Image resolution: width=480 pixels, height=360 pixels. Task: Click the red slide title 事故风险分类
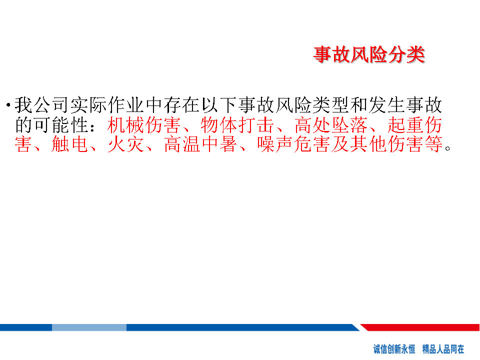369,55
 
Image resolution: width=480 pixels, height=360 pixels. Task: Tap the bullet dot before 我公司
8,105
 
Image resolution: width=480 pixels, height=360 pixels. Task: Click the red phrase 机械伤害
143,125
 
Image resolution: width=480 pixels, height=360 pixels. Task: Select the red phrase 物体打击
237,125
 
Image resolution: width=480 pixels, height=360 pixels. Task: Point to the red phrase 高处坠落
331,125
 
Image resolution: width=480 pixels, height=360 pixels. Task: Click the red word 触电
70,144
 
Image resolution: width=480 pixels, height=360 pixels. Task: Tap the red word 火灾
126,144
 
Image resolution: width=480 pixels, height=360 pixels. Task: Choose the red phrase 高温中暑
200,144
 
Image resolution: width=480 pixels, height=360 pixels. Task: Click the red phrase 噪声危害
293,144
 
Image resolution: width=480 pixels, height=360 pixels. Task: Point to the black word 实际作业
107,105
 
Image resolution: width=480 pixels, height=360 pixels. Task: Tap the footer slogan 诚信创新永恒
394,348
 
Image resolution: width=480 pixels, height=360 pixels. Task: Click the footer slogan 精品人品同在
443,348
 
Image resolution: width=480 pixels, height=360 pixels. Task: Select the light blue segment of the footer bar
89,327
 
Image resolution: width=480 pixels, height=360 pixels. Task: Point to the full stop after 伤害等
448,148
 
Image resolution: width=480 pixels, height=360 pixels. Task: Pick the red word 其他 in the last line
368,144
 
